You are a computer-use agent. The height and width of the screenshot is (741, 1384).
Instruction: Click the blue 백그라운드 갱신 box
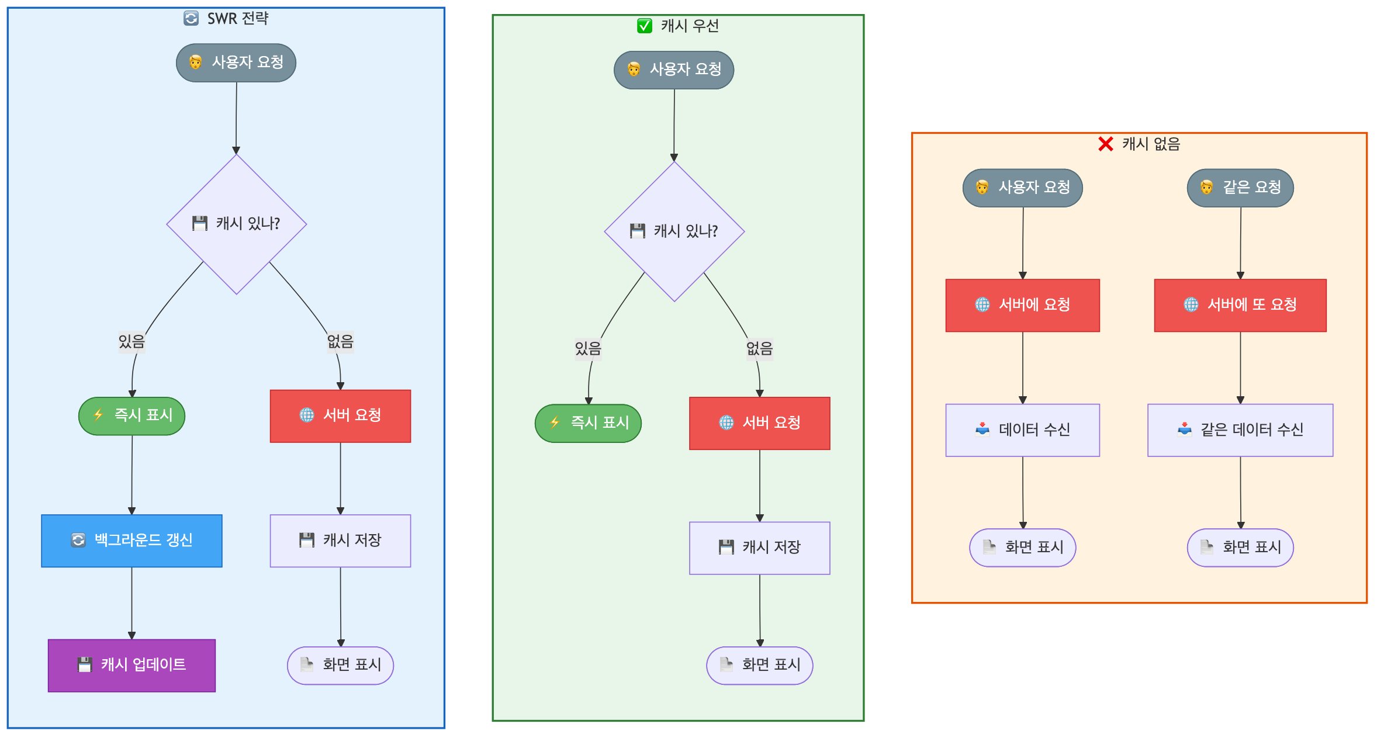[132, 541]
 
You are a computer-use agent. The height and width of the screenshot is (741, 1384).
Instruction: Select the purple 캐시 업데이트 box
[132, 665]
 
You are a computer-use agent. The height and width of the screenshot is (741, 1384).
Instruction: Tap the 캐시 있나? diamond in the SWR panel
[236, 224]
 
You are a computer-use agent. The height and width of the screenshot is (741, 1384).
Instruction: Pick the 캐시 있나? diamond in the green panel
[674, 231]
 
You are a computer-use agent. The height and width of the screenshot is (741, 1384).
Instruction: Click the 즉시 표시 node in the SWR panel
[132, 415]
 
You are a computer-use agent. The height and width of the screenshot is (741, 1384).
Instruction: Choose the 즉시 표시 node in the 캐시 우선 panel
[588, 423]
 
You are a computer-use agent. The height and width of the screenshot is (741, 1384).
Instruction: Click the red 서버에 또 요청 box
[1240, 305]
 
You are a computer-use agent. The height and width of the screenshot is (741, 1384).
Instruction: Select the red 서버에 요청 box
[1022, 305]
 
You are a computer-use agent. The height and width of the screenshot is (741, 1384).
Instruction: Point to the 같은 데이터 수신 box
[1240, 430]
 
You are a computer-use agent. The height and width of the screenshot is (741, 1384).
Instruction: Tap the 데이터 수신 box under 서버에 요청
[1022, 430]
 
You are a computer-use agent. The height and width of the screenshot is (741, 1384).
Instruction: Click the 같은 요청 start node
[1240, 188]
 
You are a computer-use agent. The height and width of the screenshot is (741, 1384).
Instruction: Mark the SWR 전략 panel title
[237, 19]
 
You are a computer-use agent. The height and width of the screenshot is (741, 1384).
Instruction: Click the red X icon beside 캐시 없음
[1105, 144]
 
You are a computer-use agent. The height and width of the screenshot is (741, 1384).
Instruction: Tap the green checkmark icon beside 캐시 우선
[644, 26]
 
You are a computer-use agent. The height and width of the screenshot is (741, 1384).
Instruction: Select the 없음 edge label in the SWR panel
[340, 341]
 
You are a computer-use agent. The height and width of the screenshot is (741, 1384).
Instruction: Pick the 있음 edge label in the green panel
[588, 349]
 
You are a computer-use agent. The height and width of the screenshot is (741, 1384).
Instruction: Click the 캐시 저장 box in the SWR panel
[340, 541]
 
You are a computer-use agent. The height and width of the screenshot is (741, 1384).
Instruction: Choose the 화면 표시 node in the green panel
[759, 665]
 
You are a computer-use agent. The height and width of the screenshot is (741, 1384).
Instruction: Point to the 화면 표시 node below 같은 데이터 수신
[1240, 548]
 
